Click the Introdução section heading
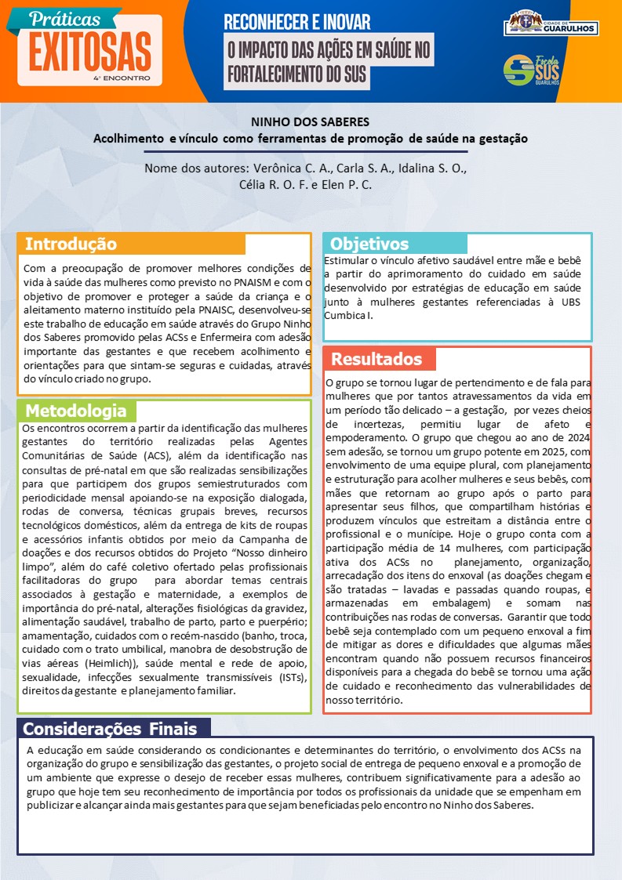(x=71, y=244)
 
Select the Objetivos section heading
(x=369, y=244)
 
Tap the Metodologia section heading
(x=75, y=411)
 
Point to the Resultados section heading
(x=376, y=360)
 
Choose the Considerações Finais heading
(x=110, y=729)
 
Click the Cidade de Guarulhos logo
(x=551, y=24)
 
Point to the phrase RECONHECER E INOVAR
(x=297, y=22)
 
